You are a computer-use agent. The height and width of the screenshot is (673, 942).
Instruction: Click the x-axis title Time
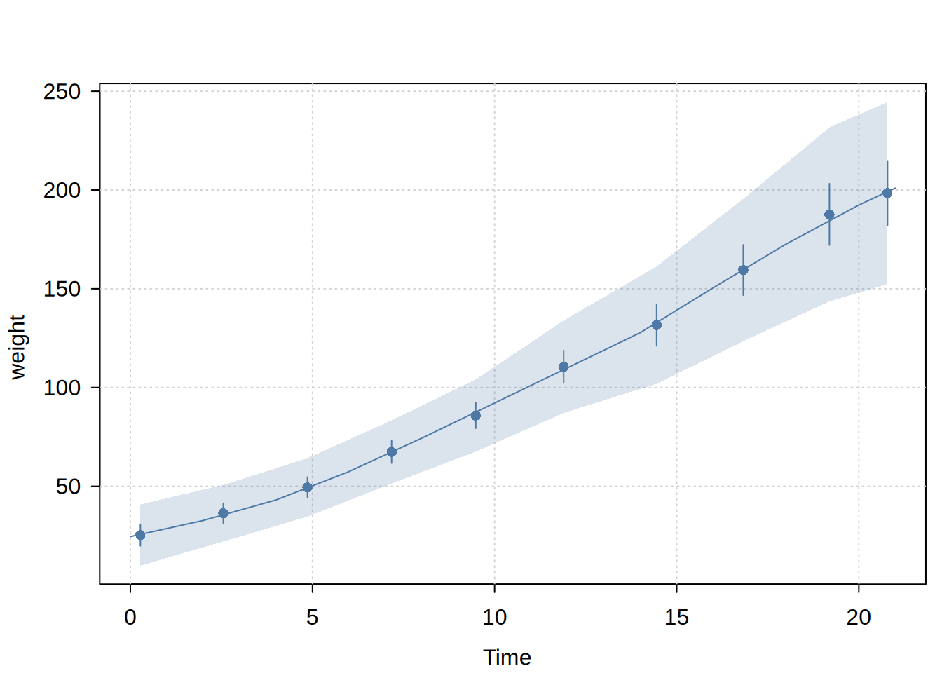point(507,658)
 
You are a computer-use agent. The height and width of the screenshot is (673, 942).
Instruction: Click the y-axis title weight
point(17,347)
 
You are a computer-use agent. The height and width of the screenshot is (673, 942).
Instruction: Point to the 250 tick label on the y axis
point(62,92)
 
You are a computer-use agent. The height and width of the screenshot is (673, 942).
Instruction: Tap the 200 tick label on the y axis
point(62,191)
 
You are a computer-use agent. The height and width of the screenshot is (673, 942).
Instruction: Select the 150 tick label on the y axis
point(62,289)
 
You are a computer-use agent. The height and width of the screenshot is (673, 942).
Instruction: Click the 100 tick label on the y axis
point(62,388)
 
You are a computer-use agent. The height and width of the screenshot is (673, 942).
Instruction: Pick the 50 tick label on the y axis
point(69,487)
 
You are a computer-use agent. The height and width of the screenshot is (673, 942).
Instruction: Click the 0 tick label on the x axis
point(130,618)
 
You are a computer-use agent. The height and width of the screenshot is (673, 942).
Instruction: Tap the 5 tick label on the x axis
point(313,618)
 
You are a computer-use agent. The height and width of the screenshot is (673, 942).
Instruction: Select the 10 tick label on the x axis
point(495,618)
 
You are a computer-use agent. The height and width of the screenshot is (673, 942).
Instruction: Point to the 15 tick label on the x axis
point(677,618)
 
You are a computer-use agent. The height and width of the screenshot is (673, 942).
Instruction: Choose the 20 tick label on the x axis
point(859,618)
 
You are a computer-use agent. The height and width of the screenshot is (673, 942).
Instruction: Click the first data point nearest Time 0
point(140,535)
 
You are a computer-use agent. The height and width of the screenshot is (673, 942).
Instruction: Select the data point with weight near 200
point(887,193)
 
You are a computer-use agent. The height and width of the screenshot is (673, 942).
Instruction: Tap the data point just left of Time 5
point(308,487)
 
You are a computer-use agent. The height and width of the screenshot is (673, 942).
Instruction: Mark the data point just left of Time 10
point(476,416)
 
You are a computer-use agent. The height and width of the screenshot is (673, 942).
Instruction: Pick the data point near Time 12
point(564,367)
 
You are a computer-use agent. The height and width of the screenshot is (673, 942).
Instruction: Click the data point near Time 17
point(743,270)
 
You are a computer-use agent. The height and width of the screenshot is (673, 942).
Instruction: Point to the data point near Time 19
point(829,215)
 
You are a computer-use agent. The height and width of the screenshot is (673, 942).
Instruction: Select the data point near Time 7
point(392,452)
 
